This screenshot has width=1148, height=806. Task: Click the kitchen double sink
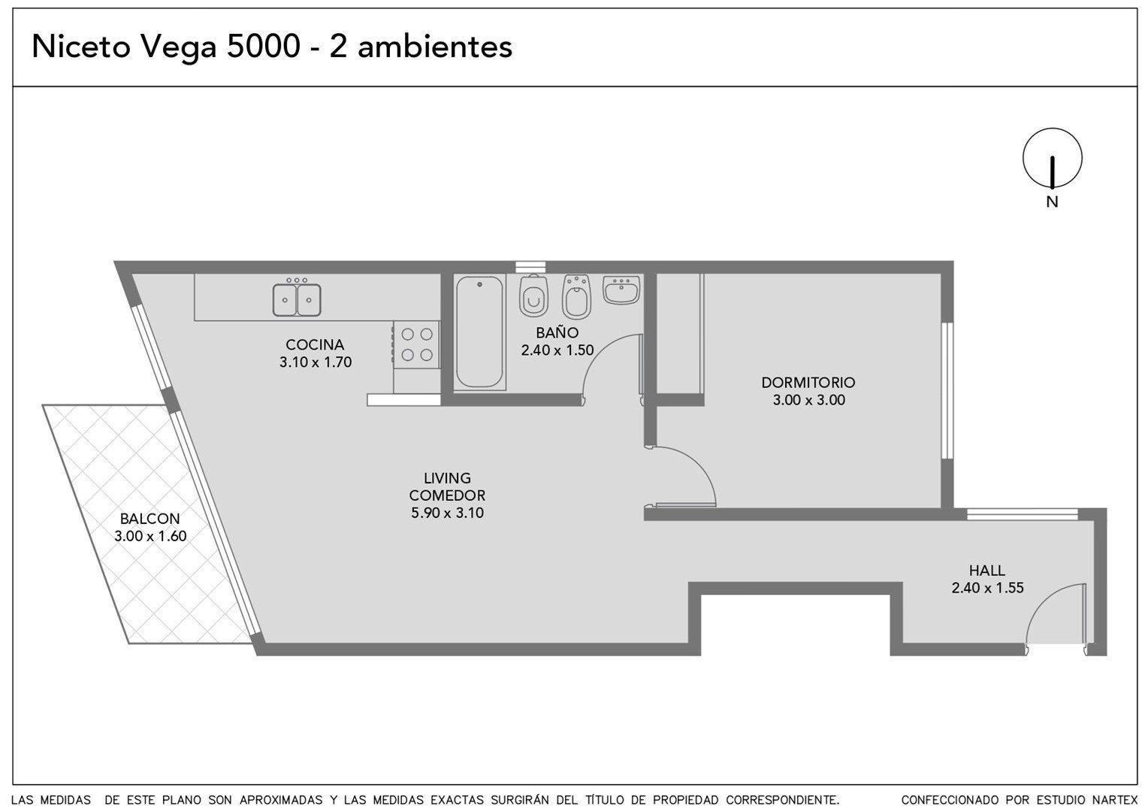[297, 299]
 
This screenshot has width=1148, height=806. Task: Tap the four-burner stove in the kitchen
[417, 344]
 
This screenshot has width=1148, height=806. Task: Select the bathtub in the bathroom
[479, 332]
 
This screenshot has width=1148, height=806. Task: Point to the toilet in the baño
[533, 295]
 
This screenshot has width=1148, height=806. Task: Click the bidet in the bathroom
[576, 297]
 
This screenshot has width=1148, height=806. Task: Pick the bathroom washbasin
[621, 289]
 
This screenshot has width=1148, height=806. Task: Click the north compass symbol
[1052, 158]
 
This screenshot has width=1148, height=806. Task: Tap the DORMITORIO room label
[808, 383]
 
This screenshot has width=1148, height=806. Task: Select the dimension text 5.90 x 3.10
[447, 513]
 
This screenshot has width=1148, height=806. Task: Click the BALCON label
[150, 519]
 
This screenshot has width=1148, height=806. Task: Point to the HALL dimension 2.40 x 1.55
[987, 587]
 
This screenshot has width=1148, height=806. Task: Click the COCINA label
[315, 344]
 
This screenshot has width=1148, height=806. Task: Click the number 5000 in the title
[263, 47]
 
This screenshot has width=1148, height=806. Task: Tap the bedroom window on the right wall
[947, 390]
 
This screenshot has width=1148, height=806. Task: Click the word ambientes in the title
[434, 47]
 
